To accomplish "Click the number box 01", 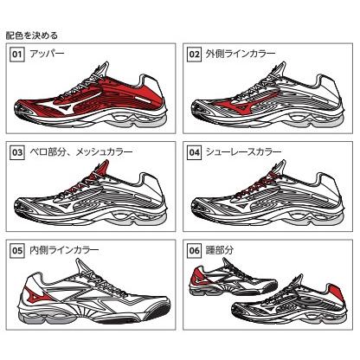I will [15, 55].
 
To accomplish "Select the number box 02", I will [196, 55].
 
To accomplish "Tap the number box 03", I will [15, 151].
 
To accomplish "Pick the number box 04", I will [196, 151].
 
